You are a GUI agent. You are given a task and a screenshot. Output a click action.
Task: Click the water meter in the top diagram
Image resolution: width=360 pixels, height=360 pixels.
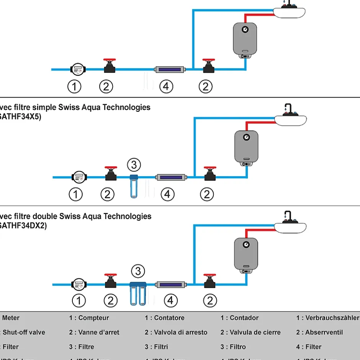[x=78, y=69]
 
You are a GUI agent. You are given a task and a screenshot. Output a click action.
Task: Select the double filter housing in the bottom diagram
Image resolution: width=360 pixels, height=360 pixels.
[x=138, y=293]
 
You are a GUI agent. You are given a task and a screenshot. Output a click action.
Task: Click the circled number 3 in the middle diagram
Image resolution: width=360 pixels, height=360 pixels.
[x=134, y=165]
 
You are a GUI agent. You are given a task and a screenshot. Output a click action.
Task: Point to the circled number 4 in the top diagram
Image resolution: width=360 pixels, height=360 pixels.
[x=165, y=87]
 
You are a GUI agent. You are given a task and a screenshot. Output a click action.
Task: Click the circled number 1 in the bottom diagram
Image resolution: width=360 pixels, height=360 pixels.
[x=79, y=301]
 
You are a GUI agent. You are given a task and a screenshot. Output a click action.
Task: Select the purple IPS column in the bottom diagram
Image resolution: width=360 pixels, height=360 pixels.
[x=170, y=285]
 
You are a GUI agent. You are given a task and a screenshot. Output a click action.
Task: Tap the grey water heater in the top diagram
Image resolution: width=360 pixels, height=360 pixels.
[x=245, y=39]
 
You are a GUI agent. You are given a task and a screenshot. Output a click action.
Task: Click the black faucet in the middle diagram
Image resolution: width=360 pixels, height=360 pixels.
[x=287, y=109]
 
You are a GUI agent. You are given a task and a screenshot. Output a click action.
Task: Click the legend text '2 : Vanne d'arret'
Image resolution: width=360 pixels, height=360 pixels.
[x=94, y=332]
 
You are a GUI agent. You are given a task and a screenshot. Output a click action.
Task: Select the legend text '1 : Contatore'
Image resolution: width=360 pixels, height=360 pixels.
[x=165, y=318]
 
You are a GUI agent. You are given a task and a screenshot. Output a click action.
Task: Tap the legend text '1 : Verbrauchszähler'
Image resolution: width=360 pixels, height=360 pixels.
[x=327, y=318]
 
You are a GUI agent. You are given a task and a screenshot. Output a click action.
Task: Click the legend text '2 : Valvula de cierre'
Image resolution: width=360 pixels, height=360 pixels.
[x=250, y=332]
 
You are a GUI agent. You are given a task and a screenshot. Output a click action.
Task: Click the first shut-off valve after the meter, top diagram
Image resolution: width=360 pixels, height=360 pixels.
[x=110, y=66]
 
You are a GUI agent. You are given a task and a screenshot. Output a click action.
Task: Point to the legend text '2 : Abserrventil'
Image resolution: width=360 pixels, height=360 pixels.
[x=319, y=332]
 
